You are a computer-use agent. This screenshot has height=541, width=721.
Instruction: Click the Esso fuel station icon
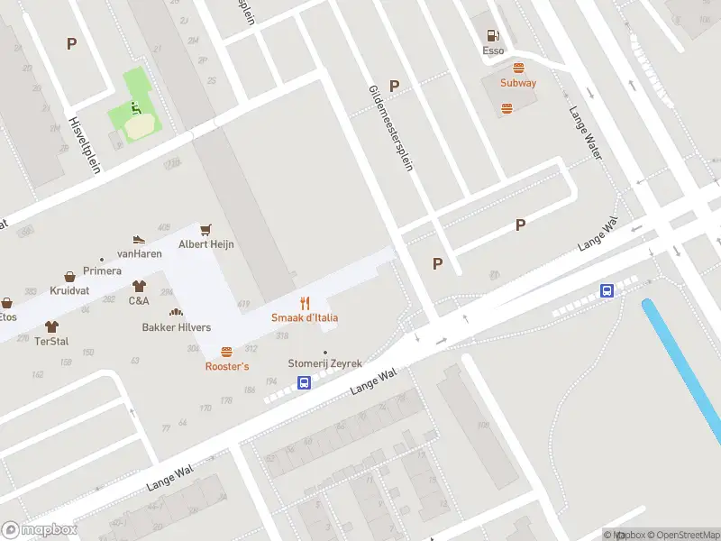tap(493, 36)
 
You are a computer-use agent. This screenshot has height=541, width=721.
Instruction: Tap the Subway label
tap(518, 83)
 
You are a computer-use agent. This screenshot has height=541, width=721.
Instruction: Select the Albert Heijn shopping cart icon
tap(206, 230)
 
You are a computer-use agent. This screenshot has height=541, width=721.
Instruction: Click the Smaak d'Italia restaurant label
tap(305, 317)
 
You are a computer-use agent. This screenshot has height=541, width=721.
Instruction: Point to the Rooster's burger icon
tap(226, 353)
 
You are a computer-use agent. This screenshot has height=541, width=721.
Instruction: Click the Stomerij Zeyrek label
tap(324, 363)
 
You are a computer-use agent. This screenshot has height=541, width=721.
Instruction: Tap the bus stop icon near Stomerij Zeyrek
tap(305, 383)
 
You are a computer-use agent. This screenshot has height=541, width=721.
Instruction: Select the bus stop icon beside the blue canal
tap(608, 290)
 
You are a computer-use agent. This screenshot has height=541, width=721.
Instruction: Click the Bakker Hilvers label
tap(176, 326)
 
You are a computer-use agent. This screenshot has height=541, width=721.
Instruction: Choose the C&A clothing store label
tap(139, 301)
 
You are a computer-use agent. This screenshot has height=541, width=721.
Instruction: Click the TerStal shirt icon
tap(51, 327)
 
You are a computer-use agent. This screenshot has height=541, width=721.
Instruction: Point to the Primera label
tap(102, 270)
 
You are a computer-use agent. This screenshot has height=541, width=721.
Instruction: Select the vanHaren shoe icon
tap(138, 239)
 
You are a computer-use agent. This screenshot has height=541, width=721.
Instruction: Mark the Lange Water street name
tap(584, 133)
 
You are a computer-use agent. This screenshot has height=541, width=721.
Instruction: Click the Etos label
tap(7, 316)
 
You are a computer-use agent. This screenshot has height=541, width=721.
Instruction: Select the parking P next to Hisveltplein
tap(71, 42)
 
